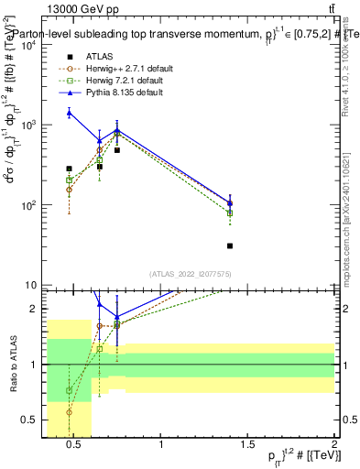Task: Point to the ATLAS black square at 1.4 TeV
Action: pyautogui.click(x=230, y=245)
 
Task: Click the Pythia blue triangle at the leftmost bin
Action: pyautogui.click(x=70, y=113)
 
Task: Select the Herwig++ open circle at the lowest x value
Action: pyautogui.click(x=70, y=190)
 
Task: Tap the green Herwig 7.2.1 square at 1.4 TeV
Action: pyautogui.click(x=230, y=213)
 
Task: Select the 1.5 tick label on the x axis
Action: pyautogui.click(x=247, y=446)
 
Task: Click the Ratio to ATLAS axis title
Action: pyautogui.click(x=11, y=364)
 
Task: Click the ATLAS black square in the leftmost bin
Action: pyautogui.click(x=70, y=169)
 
